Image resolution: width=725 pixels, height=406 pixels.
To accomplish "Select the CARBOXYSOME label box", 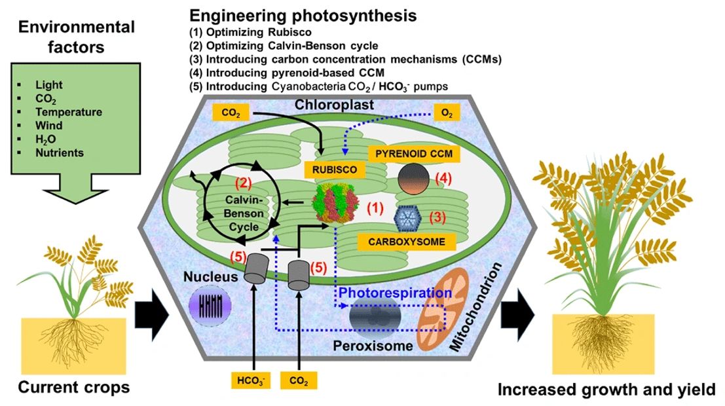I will (x=406, y=242).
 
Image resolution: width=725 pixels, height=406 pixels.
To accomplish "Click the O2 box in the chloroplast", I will (x=447, y=113).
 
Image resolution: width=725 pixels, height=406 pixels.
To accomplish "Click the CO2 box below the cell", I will (x=298, y=380).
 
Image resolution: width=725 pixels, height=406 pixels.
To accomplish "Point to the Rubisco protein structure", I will (x=336, y=204).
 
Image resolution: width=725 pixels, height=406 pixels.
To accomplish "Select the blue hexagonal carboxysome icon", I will (x=407, y=216).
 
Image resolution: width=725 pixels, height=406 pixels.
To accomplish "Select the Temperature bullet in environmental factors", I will (x=68, y=112).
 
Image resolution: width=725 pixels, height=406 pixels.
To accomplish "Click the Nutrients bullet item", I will (x=60, y=153).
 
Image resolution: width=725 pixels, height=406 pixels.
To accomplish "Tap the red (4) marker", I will (x=444, y=177).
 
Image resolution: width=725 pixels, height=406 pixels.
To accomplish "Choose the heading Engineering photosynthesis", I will (x=303, y=15).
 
